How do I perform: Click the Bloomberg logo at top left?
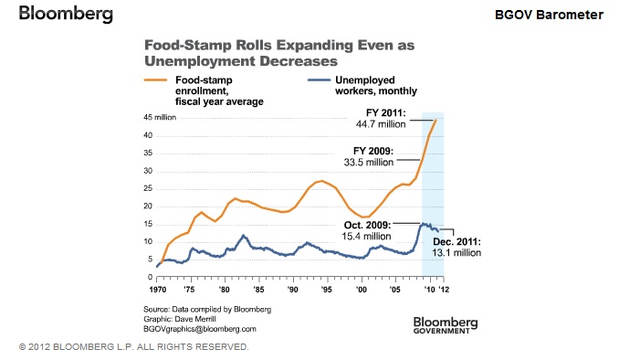point(66,14)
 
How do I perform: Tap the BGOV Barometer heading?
point(549,15)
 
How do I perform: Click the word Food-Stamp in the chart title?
point(188,45)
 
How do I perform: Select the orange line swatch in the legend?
point(156,79)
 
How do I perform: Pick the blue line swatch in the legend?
point(319,79)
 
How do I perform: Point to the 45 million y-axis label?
point(160,117)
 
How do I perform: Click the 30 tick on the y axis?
point(148,171)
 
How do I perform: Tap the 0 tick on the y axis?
point(150,277)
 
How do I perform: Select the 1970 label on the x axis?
point(158,290)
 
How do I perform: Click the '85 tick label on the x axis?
point(258,290)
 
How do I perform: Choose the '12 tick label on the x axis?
point(444,290)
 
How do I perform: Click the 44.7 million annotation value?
point(381,124)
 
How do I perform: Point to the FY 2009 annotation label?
point(373,151)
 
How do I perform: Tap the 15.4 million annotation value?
point(366,237)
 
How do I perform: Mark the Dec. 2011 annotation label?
point(456,241)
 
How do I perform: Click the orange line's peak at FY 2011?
point(435,120)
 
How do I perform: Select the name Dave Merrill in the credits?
point(195,319)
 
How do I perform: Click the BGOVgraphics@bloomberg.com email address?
point(200,329)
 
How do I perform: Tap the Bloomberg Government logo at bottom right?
point(446,325)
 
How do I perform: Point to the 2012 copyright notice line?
point(134,347)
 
